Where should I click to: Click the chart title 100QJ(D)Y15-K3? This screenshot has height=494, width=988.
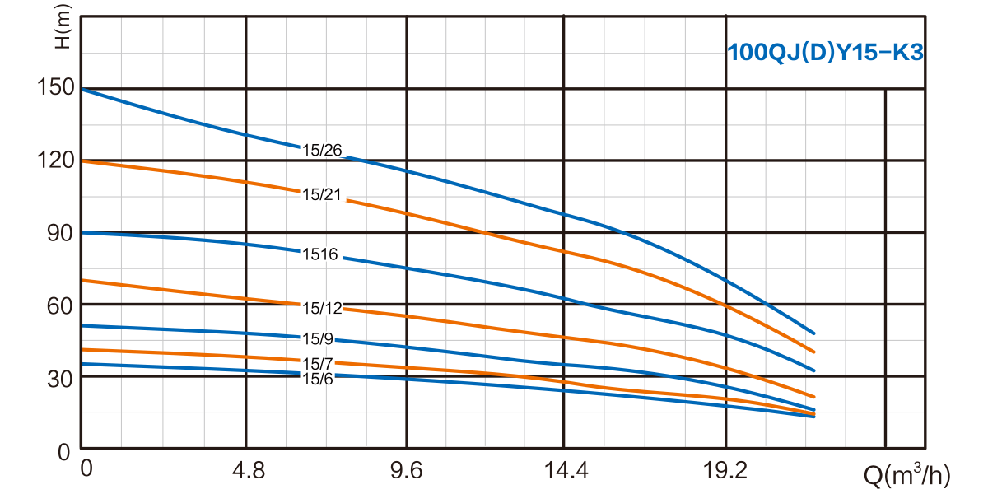pyautogui.click(x=824, y=54)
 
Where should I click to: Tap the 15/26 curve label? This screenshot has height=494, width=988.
pyautogui.click(x=321, y=150)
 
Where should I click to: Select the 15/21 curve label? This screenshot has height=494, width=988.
pyautogui.click(x=321, y=194)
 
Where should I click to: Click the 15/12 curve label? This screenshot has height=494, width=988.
pyautogui.click(x=321, y=308)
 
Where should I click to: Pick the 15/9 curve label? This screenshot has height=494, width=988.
pyautogui.click(x=317, y=338)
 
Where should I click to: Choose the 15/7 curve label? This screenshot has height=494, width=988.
pyautogui.click(x=317, y=364)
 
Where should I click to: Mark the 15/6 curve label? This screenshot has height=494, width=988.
pyautogui.click(x=317, y=378)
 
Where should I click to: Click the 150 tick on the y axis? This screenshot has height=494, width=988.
pyautogui.click(x=57, y=87)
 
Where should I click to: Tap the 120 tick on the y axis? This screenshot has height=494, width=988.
pyautogui.click(x=57, y=160)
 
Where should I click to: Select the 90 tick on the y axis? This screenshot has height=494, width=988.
pyautogui.click(x=61, y=232)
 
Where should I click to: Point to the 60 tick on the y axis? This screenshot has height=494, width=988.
pyautogui.click(x=61, y=305)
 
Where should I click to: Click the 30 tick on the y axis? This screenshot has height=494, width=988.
pyautogui.click(x=61, y=378)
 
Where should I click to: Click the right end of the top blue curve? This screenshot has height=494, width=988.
pyautogui.click(x=813, y=333)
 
